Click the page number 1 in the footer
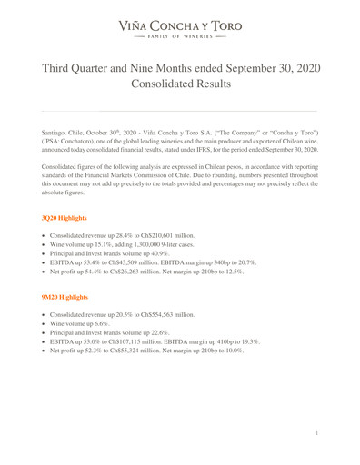(315, 436)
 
